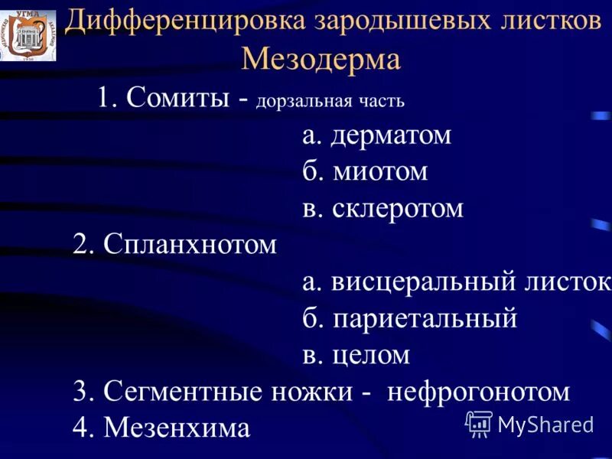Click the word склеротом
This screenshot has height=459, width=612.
[398, 208]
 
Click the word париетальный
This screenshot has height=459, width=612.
[425, 318]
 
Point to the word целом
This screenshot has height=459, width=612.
[371, 355]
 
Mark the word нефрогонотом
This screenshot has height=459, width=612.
[479, 392]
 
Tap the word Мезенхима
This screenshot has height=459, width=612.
[177, 428]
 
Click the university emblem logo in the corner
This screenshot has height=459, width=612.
[28, 35]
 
